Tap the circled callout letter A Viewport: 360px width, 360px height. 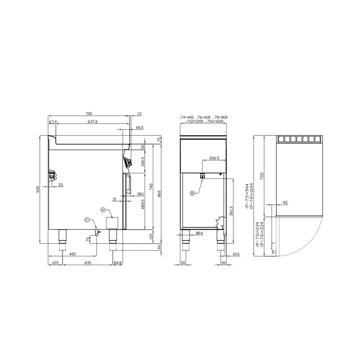tap(103, 209)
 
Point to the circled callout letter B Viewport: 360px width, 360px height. tap(192, 193)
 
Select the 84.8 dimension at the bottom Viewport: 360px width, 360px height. tap(118, 263)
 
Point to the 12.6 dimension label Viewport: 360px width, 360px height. tap(236, 254)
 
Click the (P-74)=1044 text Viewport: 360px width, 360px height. tap(251, 197)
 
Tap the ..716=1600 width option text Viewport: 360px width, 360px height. tap(215, 122)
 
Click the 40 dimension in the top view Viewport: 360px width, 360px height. tap(285, 203)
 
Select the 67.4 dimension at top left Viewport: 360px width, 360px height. tap(53, 122)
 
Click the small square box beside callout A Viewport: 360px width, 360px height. tap(113, 222)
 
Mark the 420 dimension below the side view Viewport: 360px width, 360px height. tap(72, 254)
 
